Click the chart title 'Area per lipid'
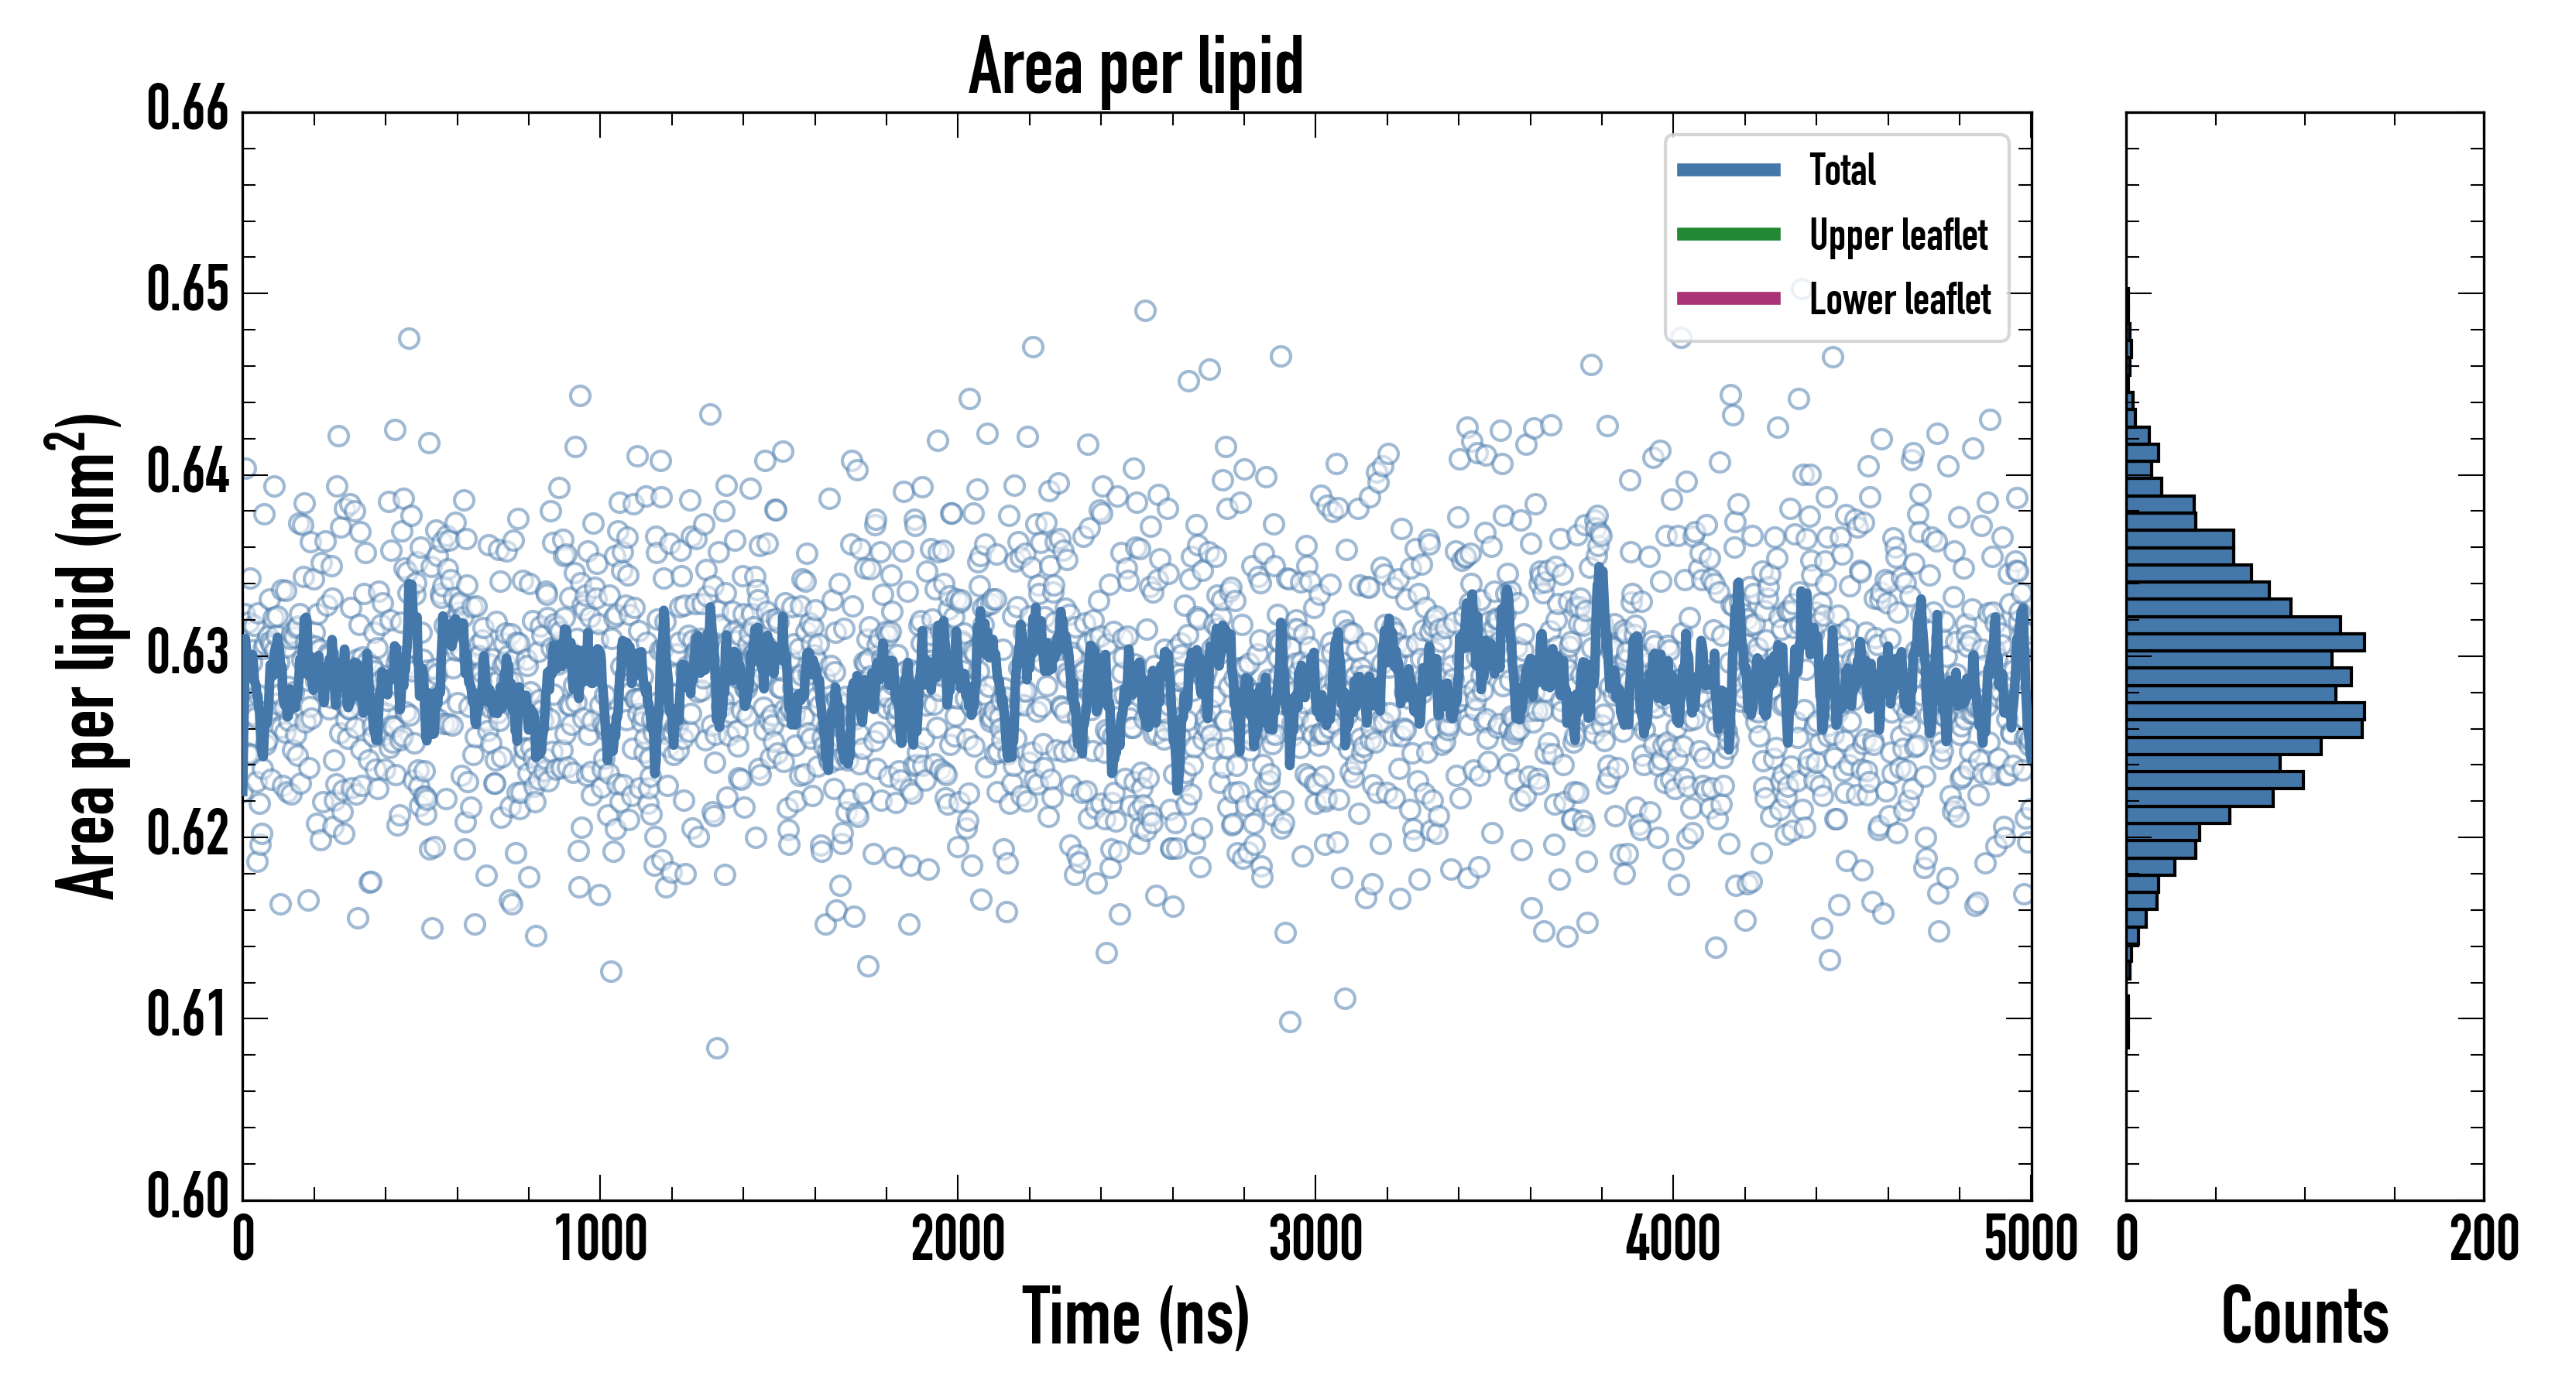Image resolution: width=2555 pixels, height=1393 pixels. pyautogui.click(x=1136, y=67)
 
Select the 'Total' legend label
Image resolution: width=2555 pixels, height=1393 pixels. pyautogui.click(x=1842, y=169)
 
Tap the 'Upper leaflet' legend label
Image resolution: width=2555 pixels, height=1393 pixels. pyautogui.click(x=1898, y=235)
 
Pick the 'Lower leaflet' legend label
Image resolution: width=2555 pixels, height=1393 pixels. pyautogui.click(x=1898, y=299)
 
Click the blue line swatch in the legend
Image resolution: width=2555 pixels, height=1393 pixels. pyautogui.click(x=1728, y=169)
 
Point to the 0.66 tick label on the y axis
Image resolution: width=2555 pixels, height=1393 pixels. pyautogui.click(x=187, y=109)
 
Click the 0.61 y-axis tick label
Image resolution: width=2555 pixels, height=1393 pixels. pyautogui.click(x=187, y=1015)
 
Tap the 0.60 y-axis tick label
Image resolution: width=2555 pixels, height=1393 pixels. pyautogui.click(x=187, y=1195)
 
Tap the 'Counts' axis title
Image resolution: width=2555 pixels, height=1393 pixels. pyautogui.click(x=2304, y=1316)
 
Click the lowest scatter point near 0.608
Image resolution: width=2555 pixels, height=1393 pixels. pyautogui.click(x=717, y=1048)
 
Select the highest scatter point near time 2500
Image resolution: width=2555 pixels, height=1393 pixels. pyautogui.click(x=1144, y=311)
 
